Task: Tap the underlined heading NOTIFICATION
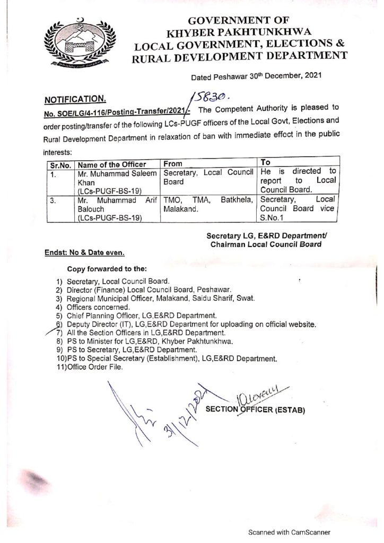[x=74, y=99]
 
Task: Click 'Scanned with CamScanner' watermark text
[x=290, y=532]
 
